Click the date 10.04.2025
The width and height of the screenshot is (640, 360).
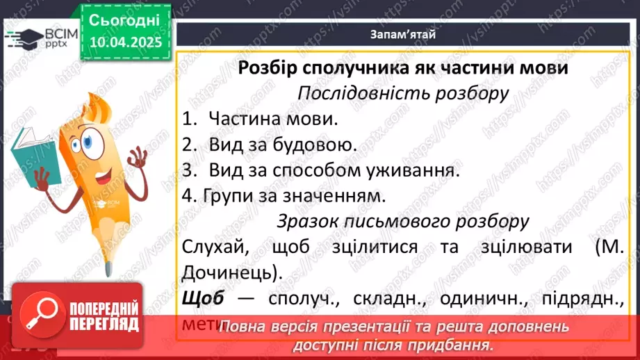point(124,42)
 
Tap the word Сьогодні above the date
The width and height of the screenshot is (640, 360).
point(124,19)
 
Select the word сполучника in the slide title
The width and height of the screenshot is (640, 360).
point(372,68)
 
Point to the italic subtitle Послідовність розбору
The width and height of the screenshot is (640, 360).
point(403,92)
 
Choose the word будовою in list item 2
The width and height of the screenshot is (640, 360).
point(324,145)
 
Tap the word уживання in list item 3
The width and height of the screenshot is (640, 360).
point(413,170)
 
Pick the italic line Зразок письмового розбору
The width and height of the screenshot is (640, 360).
point(403,222)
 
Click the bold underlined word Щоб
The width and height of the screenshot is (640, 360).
point(204,298)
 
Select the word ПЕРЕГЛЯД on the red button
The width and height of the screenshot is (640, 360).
point(104,324)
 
